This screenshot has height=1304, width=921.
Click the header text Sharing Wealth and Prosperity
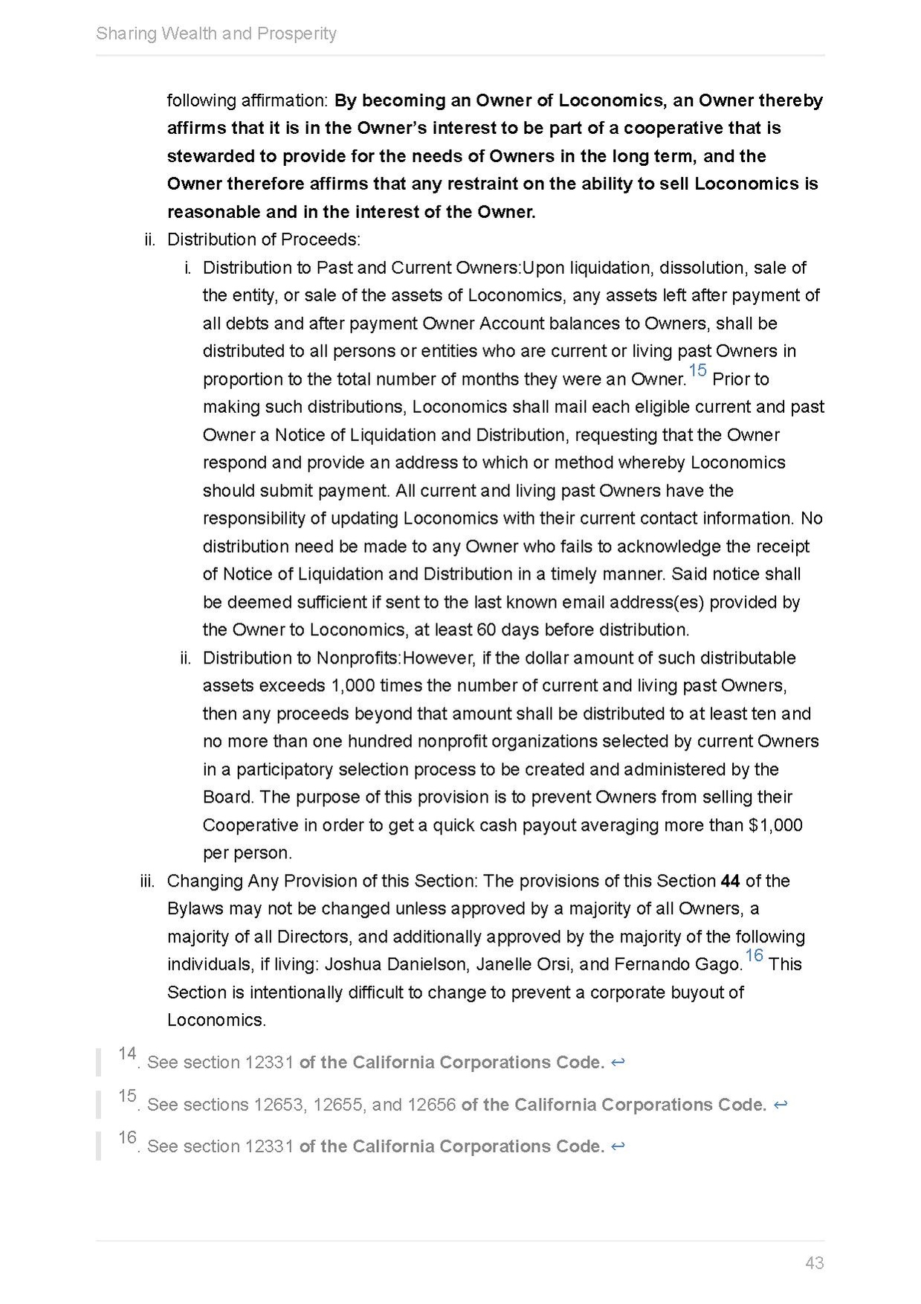[x=216, y=33]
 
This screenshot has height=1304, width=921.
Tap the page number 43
[x=814, y=1262]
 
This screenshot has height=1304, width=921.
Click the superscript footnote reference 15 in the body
[x=697, y=370]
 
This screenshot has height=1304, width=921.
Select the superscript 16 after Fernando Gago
[x=754, y=956]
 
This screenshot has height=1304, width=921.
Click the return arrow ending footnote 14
[x=617, y=1062]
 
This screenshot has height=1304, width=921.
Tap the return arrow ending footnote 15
[x=780, y=1105]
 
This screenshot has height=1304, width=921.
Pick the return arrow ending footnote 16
[x=617, y=1146]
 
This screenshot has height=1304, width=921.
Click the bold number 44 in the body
[x=730, y=881]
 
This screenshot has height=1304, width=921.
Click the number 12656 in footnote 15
[x=431, y=1105]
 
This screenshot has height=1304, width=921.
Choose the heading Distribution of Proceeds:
[x=264, y=240]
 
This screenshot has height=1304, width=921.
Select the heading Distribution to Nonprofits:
[x=302, y=658]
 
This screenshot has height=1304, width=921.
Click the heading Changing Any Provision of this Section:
[x=321, y=881]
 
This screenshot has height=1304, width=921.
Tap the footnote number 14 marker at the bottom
[x=127, y=1054]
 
